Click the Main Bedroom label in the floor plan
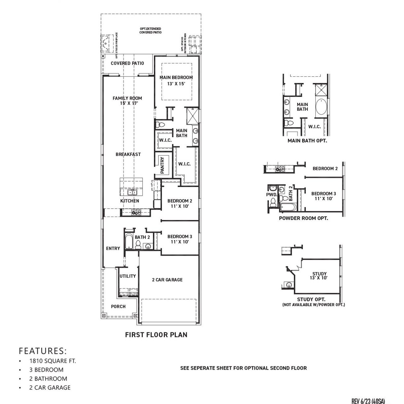(x=176, y=78)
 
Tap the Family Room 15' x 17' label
(x=127, y=100)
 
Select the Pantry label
(x=163, y=165)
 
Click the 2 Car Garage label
(x=167, y=280)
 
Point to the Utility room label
(x=128, y=276)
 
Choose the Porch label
(x=118, y=306)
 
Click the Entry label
(x=113, y=248)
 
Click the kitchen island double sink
(x=132, y=192)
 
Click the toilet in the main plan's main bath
(x=160, y=124)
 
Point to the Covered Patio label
(x=127, y=63)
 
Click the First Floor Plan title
(x=156, y=335)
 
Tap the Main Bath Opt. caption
(x=307, y=141)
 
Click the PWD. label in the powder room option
(x=271, y=195)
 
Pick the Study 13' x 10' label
(x=319, y=276)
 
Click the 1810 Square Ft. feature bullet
(x=52, y=361)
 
